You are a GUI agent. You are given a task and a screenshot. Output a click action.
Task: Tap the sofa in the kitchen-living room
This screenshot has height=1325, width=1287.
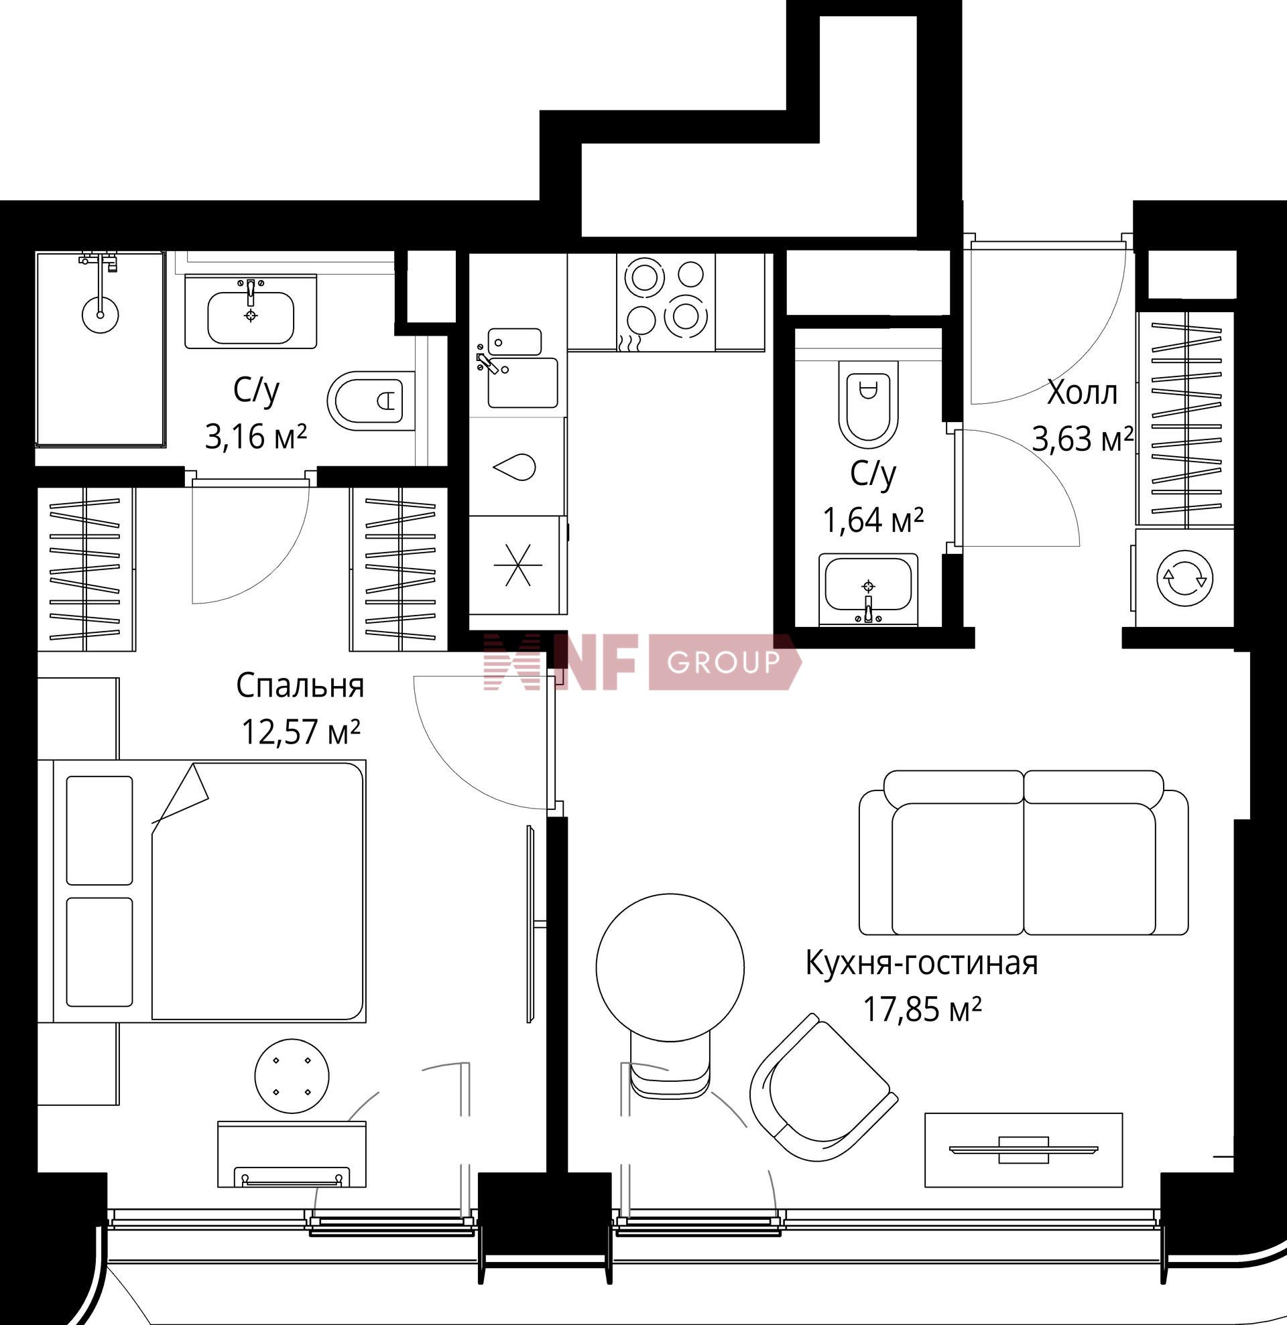(1024, 853)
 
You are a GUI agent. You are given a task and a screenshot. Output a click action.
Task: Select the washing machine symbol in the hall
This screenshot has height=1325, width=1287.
(1184, 578)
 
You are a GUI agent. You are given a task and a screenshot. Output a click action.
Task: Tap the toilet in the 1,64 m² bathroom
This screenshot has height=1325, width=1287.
(867, 403)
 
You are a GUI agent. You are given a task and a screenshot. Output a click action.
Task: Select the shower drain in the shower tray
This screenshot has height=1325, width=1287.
(100, 314)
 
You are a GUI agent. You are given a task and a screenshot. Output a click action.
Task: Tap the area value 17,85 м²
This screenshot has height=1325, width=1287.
(921, 1011)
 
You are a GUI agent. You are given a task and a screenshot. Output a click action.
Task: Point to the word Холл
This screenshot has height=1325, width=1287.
(1081, 393)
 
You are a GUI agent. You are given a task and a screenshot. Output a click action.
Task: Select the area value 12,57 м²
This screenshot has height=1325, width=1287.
(300, 731)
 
